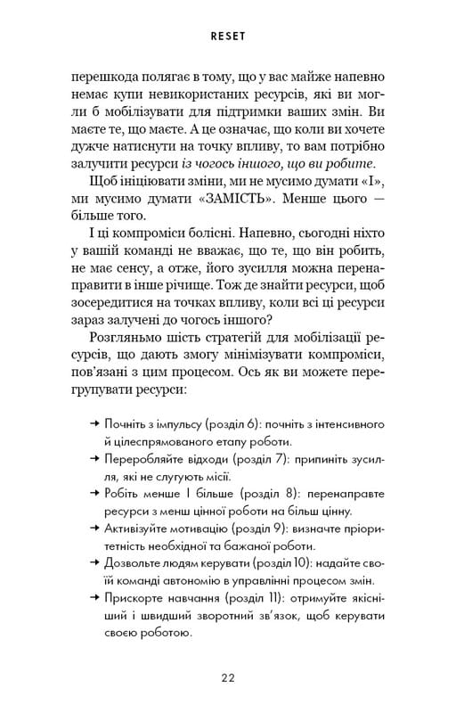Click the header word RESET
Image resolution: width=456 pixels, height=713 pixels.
click(228, 38)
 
